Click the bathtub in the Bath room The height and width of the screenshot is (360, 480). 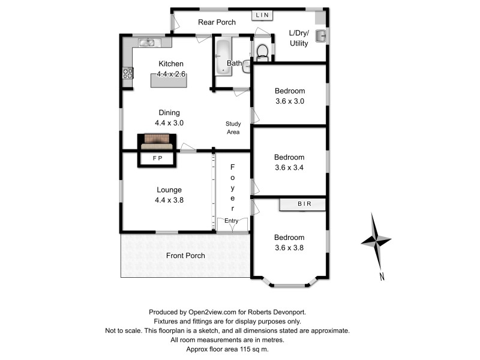pyautogui.click(x=223, y=58)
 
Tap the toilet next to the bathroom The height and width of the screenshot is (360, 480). pyautogui.click(x=262, y=53)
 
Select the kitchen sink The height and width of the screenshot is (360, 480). pyautogui.click(x=147, y=42)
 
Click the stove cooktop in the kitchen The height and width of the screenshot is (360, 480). pyautogui.click(x=128, y=73)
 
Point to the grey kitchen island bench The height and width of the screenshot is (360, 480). pyautogui.click(x=168, y=80)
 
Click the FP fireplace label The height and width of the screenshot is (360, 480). pyautogui.click(x=157, y=159)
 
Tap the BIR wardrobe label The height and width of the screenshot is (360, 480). pyautogui.click(x=304, y=205)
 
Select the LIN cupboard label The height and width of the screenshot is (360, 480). pyautogui.click(x=262, y=15)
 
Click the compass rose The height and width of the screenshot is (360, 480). pyautogui.click(x=376, y=241)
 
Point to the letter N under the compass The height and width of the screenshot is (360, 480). pyautogui.click(x=382, y=277)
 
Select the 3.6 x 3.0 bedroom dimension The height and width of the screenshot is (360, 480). pyautogui.click(x=290, y=101)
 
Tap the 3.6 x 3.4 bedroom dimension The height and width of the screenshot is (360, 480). pyautogui.click(x=290, y=167)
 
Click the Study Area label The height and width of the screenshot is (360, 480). pyautogui.click(x=233, y=127)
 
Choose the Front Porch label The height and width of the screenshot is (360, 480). pyautogui.click(x=185, y=256)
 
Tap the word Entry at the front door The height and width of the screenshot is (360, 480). pyautogui.click(x=232, y=221)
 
